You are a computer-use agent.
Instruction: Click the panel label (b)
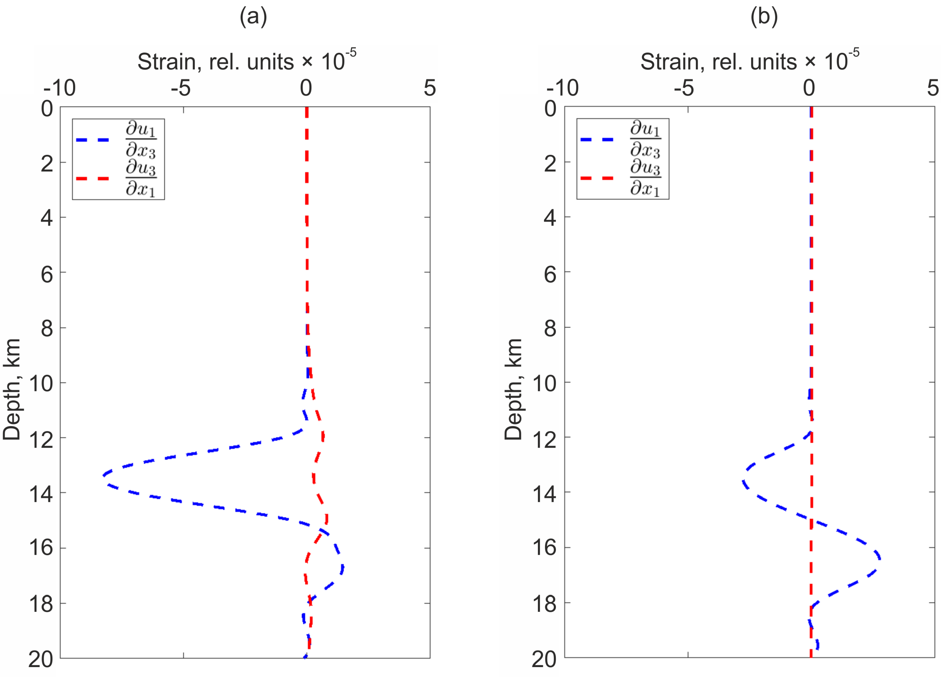pos(764,17)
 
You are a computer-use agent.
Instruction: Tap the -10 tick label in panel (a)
pos(59,88)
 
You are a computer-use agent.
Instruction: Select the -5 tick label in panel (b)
pos(684,88)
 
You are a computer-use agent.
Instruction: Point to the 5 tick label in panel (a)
pos(430,88)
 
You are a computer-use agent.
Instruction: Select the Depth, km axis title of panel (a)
pos(12,390)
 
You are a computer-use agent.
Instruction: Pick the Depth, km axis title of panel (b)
pos(513,390)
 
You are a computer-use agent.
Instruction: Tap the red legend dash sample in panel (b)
pos(597,178)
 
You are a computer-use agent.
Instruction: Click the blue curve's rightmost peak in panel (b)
pos(880,559)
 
